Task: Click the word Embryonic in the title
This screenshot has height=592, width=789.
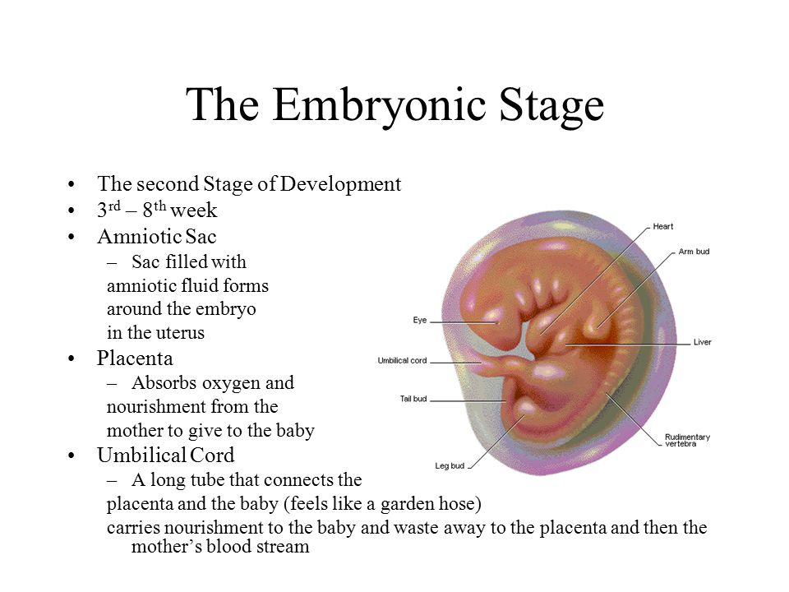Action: point(380,105)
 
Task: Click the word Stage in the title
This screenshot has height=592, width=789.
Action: point(551,105)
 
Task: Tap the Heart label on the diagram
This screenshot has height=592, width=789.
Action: point(662,227)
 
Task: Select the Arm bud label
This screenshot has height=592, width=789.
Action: point(694,252)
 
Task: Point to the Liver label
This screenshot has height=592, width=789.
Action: point(703,342)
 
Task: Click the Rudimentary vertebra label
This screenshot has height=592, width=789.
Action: point(687,440)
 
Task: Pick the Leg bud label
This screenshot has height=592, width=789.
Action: point(450,465)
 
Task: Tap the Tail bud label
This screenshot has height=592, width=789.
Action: point(413,399)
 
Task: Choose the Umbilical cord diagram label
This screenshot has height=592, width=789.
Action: point(402,360)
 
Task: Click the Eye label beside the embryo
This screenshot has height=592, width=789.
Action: point(420,320)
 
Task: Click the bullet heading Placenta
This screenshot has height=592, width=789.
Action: point(135,358)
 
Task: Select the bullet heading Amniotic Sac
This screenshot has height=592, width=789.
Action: point(156,236)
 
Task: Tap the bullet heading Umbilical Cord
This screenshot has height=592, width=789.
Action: point(165,455)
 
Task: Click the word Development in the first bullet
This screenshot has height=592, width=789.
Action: point(340,184)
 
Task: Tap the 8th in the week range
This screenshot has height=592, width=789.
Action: point(154,208)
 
